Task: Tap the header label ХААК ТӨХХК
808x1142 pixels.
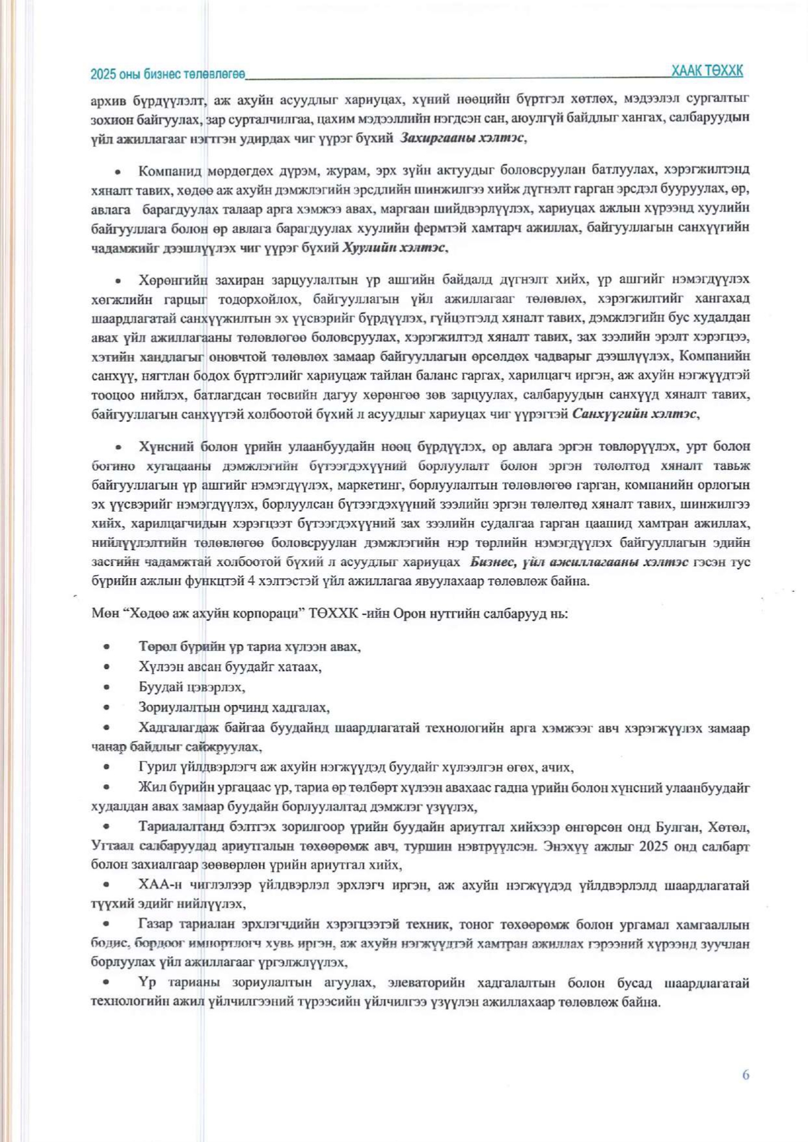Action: [707, 71]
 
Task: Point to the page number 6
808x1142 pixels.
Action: [746, 1074]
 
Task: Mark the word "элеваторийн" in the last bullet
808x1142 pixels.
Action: [426, 983]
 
